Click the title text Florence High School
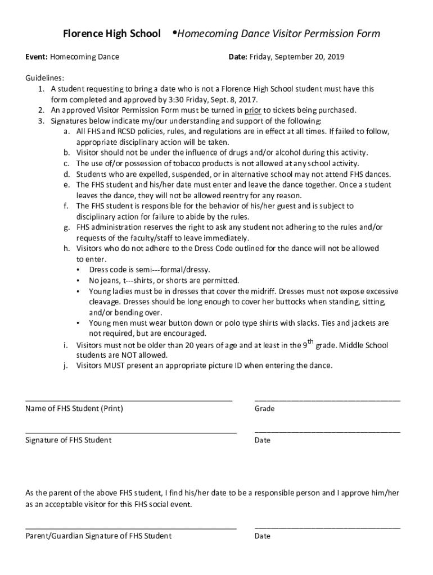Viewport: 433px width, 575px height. coord(111,34)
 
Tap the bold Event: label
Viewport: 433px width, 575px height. coord(37,57)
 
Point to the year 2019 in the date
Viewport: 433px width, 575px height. coord(335,57)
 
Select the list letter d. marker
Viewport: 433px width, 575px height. coord(66,174)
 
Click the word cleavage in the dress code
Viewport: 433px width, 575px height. coord(105,302)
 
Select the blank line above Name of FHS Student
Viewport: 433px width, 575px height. coord(129,401)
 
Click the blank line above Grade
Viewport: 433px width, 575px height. coord(327,401)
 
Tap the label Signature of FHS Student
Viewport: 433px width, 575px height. coord(68,440)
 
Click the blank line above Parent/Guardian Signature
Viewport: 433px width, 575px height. coord(130,528)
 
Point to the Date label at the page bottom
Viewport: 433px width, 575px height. coord(262,536)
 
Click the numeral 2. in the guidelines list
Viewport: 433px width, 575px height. coord(42,110)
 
